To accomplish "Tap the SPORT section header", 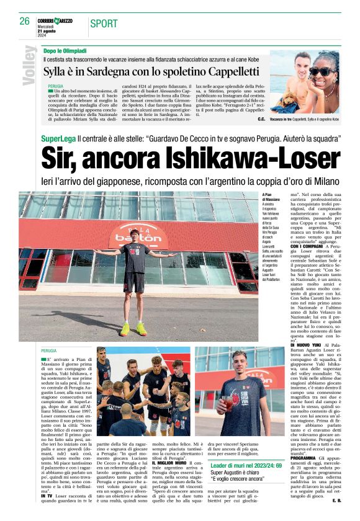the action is tap(104, 24).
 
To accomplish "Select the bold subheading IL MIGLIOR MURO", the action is tap(171, 463).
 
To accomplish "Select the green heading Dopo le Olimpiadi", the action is tap(65, 50).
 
